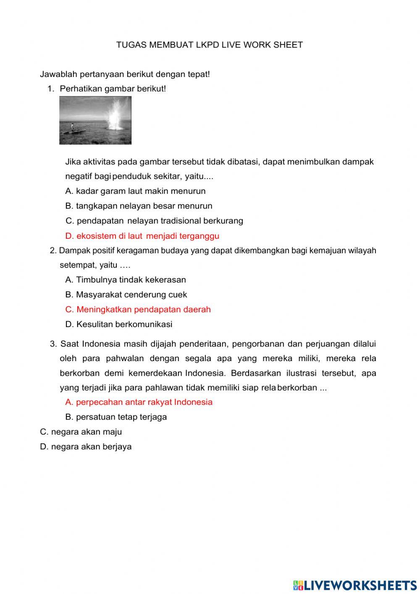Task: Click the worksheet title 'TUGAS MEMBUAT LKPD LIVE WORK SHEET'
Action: pyautogui.click(x=209, y=45)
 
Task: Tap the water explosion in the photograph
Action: pyautogui.click(x=113, y=116)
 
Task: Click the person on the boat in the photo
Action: pyautogui.click(x=72, y=127)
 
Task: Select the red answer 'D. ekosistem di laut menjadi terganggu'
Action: pyautogui.click(x=142, y=236)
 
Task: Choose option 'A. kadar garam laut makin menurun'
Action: pyautogui.click(x=135, y=191)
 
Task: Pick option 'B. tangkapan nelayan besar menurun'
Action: pyautogui.click(x=139, y=206)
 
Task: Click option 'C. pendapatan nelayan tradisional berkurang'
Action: pyautogui.click(x=154, y=221)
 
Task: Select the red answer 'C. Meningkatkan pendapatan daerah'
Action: pyautogui.click(x=138, y=309)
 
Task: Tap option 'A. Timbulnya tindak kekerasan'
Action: pyautogui.click(x=126, y=280)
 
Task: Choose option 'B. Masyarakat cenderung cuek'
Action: pyautogui.click(x=126, y=295)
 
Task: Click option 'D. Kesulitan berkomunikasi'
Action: pyautogui.click(x=119, y=324)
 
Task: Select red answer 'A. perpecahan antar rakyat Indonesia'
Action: pyautogui.click(x=139, y=402)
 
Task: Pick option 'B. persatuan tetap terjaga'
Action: pyautogui.click(x=116, y=417)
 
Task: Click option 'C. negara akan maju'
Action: pyautogui.click(x=81, y=432)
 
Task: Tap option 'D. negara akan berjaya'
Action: pyautogui.click(x=86, y=446)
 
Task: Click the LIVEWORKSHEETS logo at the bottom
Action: pyautogui.click(x=355, y=585)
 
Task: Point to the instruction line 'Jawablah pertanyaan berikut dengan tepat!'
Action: pyautogui.click(x=125, y=74)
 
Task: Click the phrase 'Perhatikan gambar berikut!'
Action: pyautogui.click(x=113, y=89)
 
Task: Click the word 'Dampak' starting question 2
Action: pyautogui.click(x=72, y=251)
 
